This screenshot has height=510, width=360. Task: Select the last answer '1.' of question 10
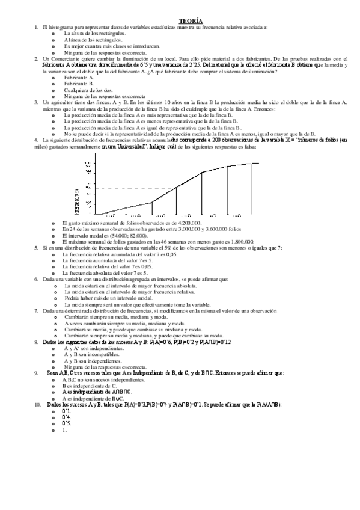(x=64, y=430)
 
